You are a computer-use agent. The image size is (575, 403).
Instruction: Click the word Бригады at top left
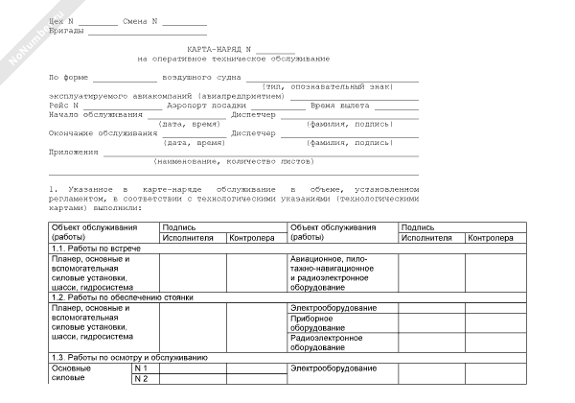pyautogui.click(x=65, y=31)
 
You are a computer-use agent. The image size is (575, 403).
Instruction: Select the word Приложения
pyautogui.click(x=73, y=153)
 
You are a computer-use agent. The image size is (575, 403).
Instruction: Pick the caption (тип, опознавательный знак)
pyautogui.click(x=340, y=86)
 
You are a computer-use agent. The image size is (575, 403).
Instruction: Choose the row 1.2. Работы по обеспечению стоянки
pyautogui.click(x=114, y=297)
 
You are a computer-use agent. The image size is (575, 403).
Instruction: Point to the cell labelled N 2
pyautogui.click(x=146, y=378)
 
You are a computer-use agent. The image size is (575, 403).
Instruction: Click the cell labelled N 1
pyautogui.click(x=146, y=367)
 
